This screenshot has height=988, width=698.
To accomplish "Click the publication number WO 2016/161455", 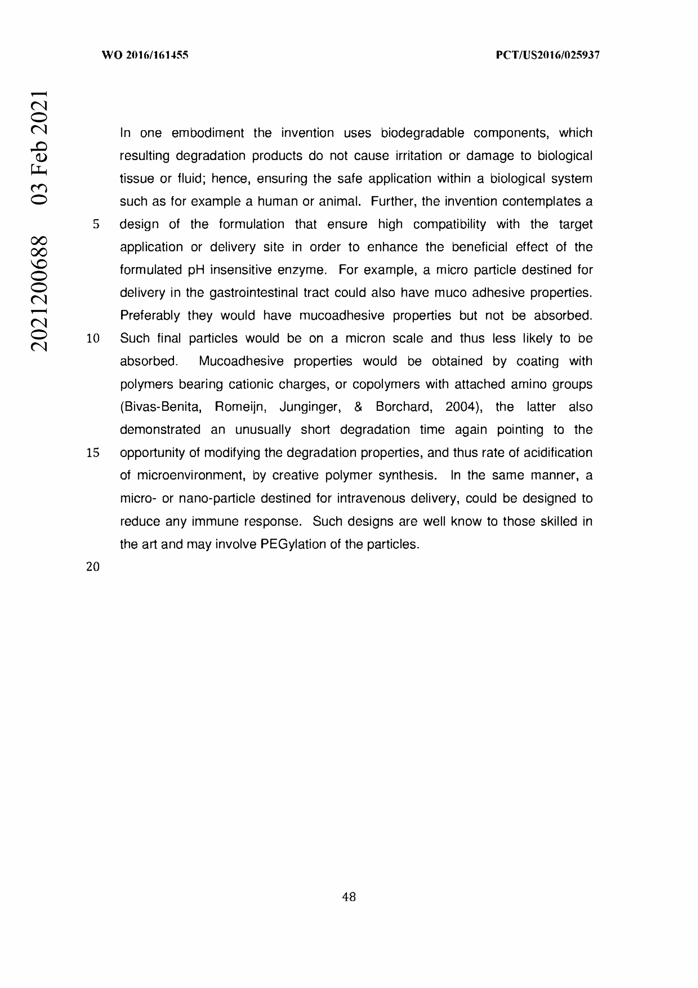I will pyautogui.click(x=145, y=55).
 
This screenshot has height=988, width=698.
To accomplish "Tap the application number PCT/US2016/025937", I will pyautogui.click(x=547, y=55).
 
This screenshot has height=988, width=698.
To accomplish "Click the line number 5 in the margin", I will pyautogui.click(x=96, y=224).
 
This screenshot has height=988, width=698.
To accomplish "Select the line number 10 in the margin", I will pyautogui.click(x=93, y=339).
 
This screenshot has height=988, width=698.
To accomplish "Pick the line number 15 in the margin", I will pyautogui.click(x=93, y=453).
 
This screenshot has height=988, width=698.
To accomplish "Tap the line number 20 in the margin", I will pyautogui.click(x=93, y=567).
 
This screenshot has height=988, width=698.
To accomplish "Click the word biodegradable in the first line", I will pyautogui.click(x=422, y=133).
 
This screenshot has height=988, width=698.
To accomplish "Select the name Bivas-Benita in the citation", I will pyautogui.click(x=161, y=407).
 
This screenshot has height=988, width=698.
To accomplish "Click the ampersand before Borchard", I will pyautogui.click(x=358, y=407).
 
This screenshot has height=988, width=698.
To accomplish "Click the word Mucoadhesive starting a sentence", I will pyautogui.click(x=241, y=362).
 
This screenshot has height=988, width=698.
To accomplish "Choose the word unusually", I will pyautogui.click(x=263, y=430).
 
